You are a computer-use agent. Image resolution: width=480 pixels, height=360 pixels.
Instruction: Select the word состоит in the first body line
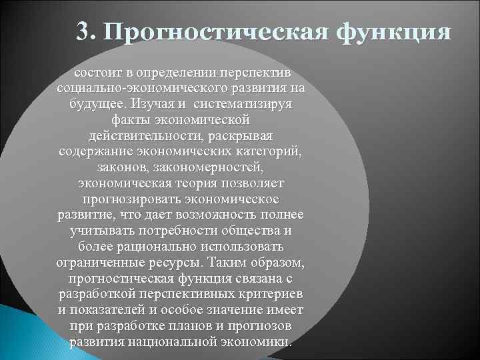pyautogui.click(x=97, y=71)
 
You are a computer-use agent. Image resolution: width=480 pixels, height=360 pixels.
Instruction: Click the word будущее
pyautogui.click(x=99, y=105)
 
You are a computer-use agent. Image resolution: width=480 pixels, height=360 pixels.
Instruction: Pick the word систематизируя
pyautogui.click(x=248, y=105)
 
